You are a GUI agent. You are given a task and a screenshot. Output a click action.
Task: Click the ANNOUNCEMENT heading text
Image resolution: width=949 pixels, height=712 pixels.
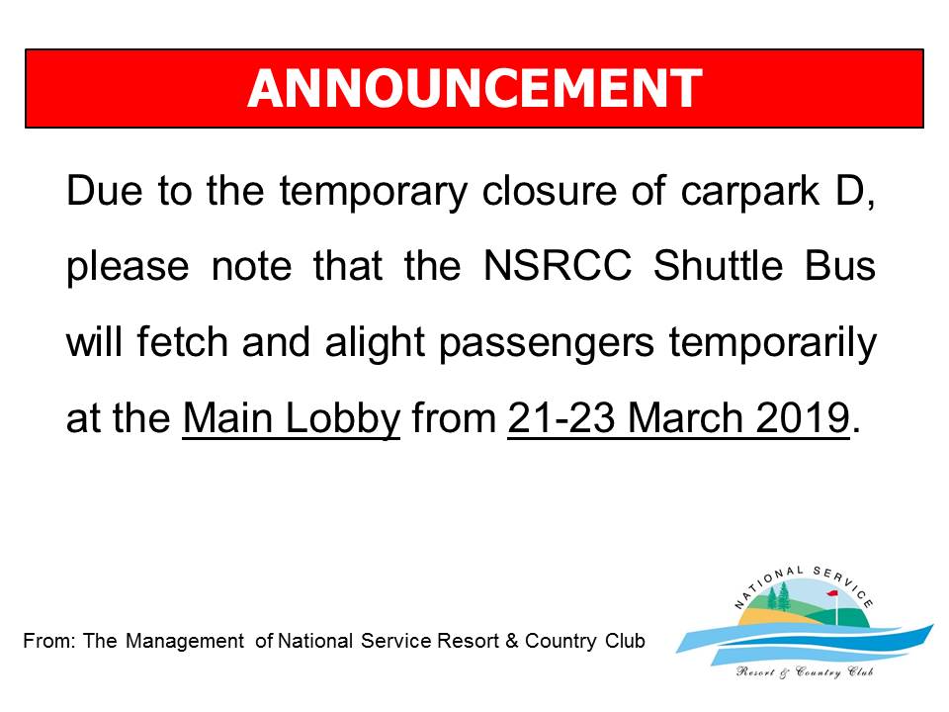[474, 88]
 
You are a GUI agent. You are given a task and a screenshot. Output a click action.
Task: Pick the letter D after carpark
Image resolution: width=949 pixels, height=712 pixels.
[850, 190]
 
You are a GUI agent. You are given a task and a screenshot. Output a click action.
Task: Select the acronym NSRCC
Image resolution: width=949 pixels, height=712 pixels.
[558, 266]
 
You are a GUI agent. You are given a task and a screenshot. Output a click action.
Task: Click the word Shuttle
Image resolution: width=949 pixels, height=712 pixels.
[719, 266]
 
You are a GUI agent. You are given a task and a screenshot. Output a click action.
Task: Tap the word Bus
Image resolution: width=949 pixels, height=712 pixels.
[840, 266]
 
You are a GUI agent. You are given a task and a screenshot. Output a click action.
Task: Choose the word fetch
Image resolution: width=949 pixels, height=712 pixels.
[182, 341]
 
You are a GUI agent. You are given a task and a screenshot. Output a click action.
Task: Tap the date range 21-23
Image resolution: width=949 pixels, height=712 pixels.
[561, 417]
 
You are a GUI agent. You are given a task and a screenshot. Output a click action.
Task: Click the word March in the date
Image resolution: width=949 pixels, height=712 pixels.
[685, 417]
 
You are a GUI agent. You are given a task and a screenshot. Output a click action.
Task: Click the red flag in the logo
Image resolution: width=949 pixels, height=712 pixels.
[832, 595]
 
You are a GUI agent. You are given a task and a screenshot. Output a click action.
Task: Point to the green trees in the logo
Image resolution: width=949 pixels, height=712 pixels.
[778, 595]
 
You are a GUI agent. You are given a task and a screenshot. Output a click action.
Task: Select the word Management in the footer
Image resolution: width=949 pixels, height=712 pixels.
[185, 642]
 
